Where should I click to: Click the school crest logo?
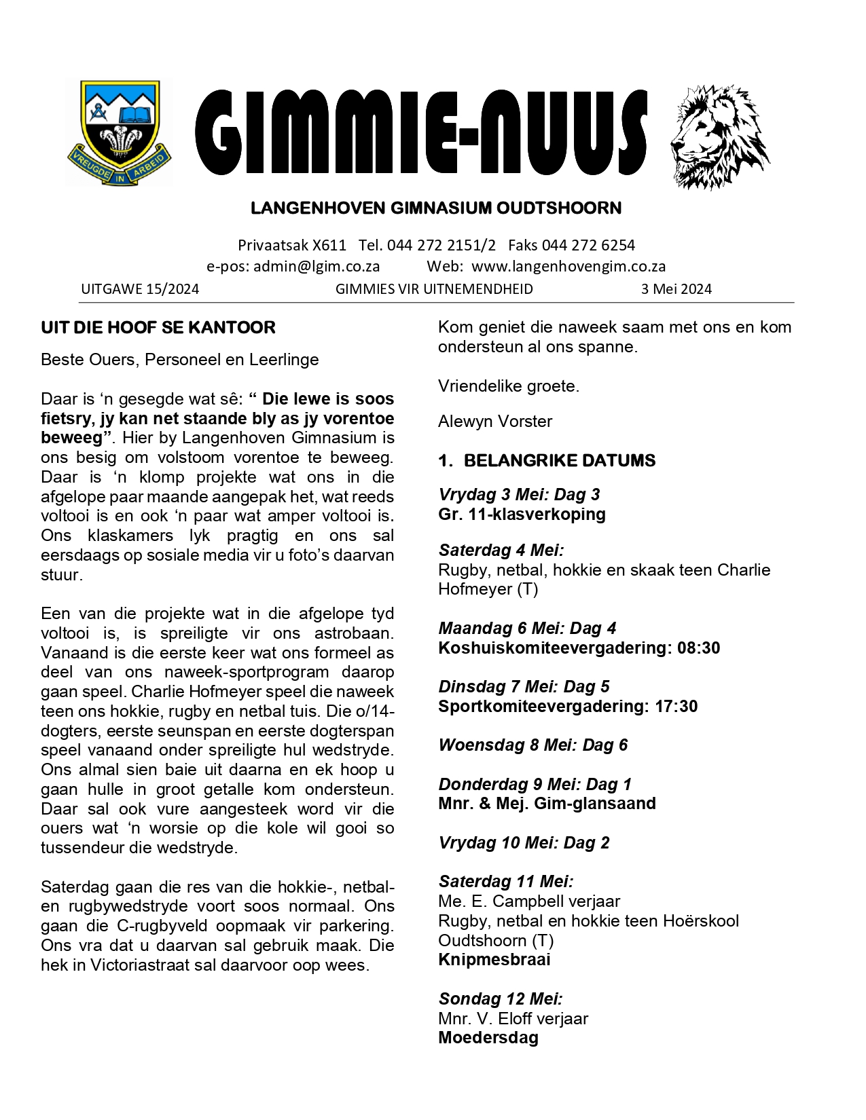tap(120, 133)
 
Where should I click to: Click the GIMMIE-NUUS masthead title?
tap(421, 132)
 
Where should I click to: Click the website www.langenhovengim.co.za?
tap(569, 267)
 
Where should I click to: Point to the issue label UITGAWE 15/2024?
tap(140, 289)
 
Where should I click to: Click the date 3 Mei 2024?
tap(676, 289)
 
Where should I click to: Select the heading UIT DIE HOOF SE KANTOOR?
tap(158, 328)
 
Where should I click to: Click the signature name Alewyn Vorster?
tap(495, 422)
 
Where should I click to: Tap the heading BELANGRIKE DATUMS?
tap(560, 461)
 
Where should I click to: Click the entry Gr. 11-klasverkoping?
tap(522, 515)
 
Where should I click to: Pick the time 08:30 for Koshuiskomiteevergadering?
tap(698, 648)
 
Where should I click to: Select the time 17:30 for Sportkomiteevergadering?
tap(676, 707)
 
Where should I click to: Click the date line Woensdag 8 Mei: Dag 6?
tap(533, 745)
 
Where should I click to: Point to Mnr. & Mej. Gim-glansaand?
tap(547, 804)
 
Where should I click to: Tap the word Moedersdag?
tap(488, 1038)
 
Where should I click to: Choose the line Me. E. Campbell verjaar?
tap(529, 901)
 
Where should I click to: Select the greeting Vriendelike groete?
tap(509, 386)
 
